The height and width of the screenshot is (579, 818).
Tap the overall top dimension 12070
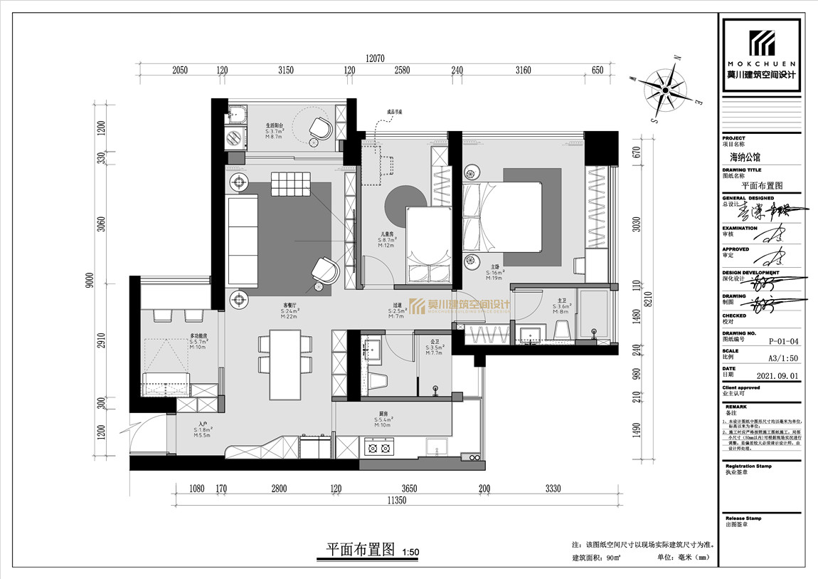coord(379,59)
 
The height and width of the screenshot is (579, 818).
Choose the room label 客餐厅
coord(290,305)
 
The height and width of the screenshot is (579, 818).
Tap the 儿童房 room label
coord(388,234)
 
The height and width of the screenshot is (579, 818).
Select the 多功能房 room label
coord(198,336)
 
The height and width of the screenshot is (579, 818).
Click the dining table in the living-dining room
coord(286,364)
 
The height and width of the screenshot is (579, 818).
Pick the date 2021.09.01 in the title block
coord(765,374)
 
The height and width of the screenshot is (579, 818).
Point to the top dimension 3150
coord(286,70)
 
